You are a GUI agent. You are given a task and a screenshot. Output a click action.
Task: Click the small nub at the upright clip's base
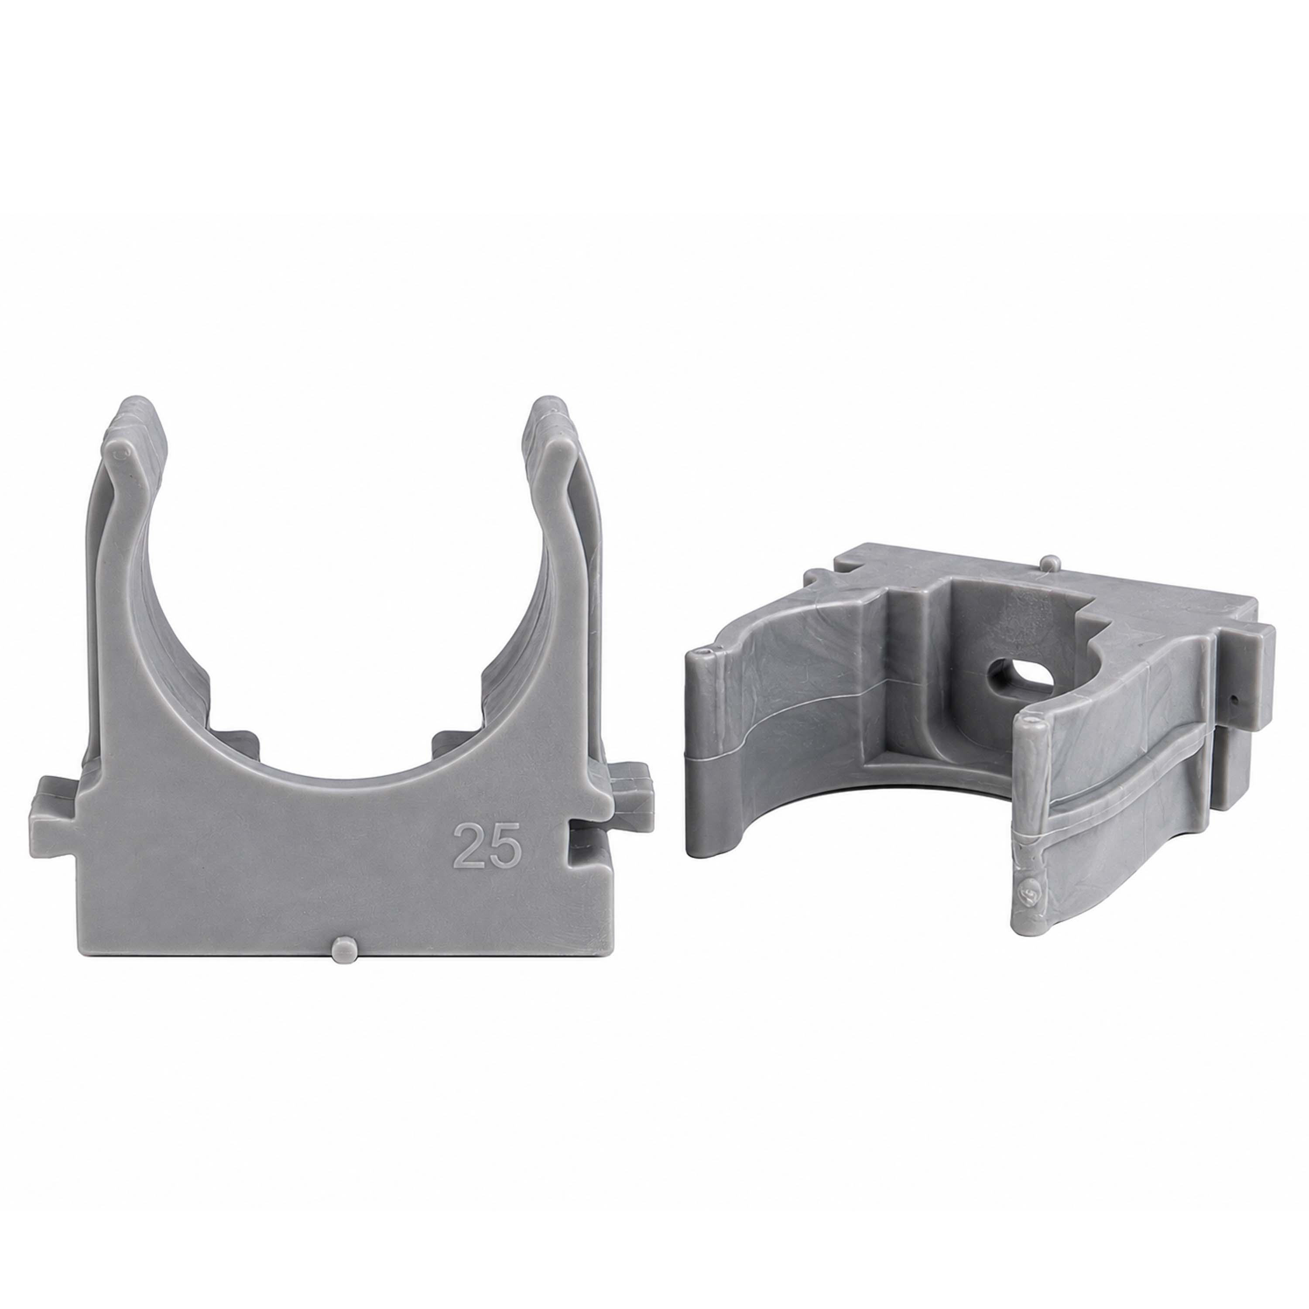(x=345, y=951)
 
